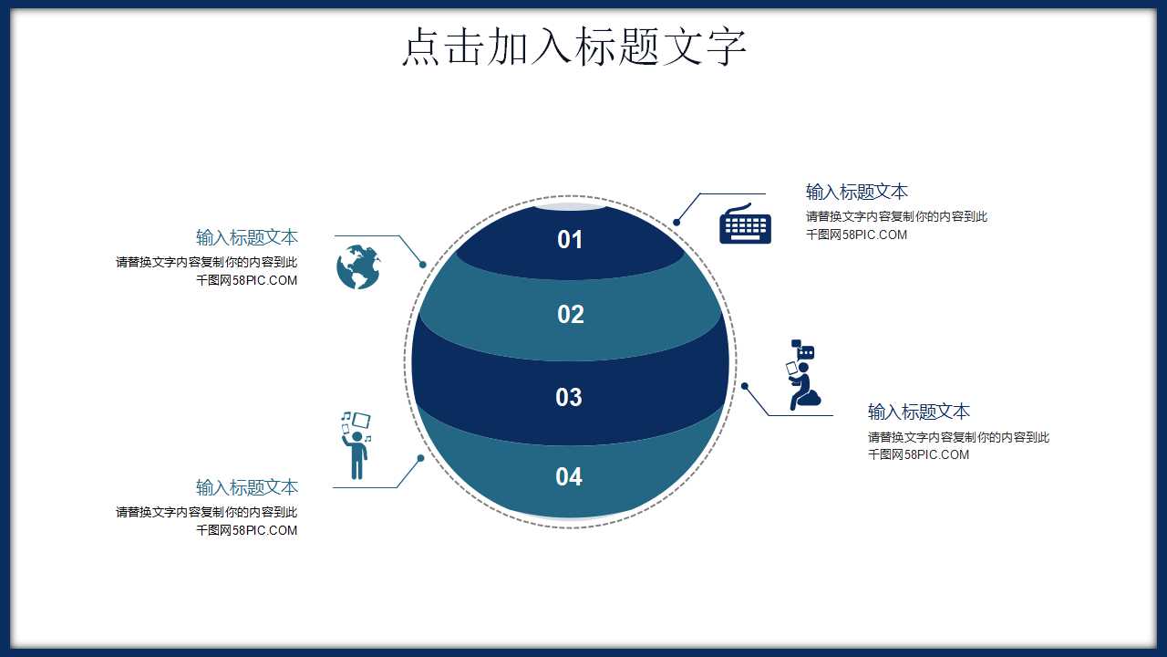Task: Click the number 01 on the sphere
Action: click(x=570, y=240)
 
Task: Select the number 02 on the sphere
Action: click(x=570, y=315)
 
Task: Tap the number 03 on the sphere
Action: click(x=569, y=397)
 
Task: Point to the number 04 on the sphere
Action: click(x=569, y=476)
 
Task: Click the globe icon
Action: click(x=358, y=266)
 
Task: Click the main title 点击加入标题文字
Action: click(x=574, y=47)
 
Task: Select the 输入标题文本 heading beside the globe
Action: click(x=247, y=237)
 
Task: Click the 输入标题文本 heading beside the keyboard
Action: click(x=856, y=192)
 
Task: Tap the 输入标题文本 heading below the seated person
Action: click(x=918, y=411)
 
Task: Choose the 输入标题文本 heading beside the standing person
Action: click(x=247, y=487)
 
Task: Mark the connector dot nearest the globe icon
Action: click(x=423, y=265)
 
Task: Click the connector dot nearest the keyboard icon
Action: click(x=676, y=222)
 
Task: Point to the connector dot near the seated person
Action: click(x=745, y=386)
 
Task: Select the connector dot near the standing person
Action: click(x=420, y=458)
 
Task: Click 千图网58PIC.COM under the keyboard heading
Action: click(x=856, y=235)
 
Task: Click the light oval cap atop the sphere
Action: click(x=570, y=206)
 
